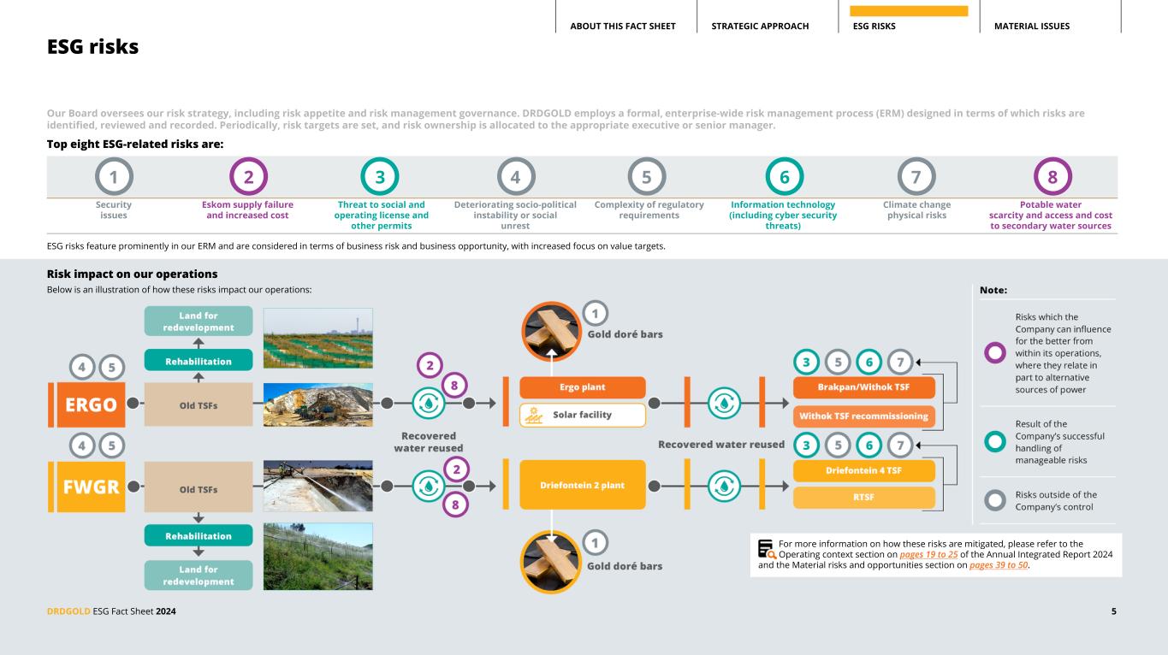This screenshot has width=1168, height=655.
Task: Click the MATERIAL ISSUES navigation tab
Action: tap(1031, 27)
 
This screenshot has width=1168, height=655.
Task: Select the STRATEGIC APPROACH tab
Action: tap(760, 27)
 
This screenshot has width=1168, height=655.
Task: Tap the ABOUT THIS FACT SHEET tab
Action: tap(622, 27)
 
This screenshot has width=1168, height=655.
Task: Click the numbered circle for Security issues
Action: tap(114, 177)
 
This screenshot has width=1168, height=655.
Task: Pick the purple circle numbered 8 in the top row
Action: tap(1052, 177)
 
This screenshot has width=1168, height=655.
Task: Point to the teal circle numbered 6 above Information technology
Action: tap(784, 177)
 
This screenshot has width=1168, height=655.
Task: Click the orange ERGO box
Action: tap(86, 404)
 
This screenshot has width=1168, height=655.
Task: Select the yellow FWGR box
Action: tap(86, 487)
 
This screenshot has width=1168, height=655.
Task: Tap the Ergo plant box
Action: tap(582, 387)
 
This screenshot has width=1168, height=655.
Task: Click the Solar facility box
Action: tap(582, 416)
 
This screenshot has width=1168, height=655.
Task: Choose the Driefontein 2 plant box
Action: tap(582, 485)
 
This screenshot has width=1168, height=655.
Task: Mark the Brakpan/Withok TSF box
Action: tap(863, 387)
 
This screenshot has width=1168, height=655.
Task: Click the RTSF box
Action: tap(863, 498)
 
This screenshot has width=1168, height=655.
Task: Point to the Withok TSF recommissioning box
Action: tap(863, 416)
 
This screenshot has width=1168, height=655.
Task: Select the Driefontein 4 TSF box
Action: tap(863, 470)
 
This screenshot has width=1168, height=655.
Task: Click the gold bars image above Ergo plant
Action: tap(552, 330)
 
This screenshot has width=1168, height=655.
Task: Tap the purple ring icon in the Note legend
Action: tap(994, 351)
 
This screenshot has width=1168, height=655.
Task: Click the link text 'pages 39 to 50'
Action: tap(999, 565)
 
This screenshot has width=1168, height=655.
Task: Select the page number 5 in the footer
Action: tap(1113, 611)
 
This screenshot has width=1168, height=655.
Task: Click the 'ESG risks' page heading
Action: tap(92, 48)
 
